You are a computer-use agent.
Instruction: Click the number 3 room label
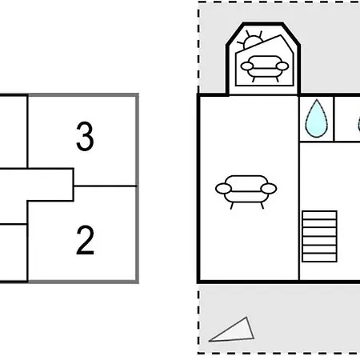point(85,136)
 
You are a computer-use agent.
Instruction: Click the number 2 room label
point(86,240)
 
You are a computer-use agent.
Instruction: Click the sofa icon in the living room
point(246,191)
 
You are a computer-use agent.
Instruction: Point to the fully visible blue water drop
point(317,118)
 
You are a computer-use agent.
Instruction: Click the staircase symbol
point(319,236)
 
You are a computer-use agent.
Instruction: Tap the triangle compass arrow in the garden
point(231,330)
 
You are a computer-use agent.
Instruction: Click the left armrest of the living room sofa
point(223,189)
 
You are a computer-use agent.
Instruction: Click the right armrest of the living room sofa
point(269,189)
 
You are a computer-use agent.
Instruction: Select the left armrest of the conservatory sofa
point(246,66)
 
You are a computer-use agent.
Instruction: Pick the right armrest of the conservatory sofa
point(282,66)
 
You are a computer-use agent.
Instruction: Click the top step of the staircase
point(319,215)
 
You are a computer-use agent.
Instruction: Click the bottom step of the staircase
point(319,258)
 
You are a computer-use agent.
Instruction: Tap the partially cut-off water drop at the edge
point(358,124)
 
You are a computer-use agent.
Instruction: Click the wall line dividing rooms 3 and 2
point(105,186)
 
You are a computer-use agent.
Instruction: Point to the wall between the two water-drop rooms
point(334,118)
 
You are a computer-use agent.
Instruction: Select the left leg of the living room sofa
point(232,206)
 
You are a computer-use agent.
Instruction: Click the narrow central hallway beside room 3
point(37,185)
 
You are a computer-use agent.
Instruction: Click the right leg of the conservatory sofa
point(278,79)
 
